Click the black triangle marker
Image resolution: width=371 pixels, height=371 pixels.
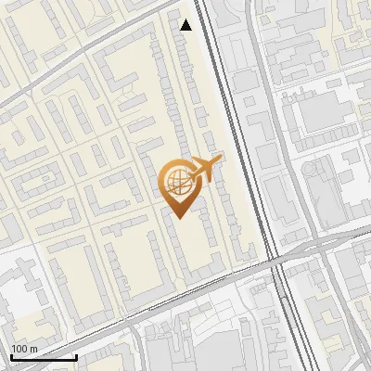click(186, 25)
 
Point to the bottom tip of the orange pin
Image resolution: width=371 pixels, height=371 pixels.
click(178, 218)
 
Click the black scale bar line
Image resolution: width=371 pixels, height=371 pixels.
click(44, 357)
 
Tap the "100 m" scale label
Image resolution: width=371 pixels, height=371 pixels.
click(23, 349)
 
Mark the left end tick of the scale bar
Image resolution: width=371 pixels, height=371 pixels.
click(11, 355)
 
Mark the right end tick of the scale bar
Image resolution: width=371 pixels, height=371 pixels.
click(76, 355)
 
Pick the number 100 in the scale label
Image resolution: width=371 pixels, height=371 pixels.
click(19, 349)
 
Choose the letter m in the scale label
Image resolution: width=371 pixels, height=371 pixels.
click(32, 349)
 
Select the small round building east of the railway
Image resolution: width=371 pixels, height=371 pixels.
click(318, 171)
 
